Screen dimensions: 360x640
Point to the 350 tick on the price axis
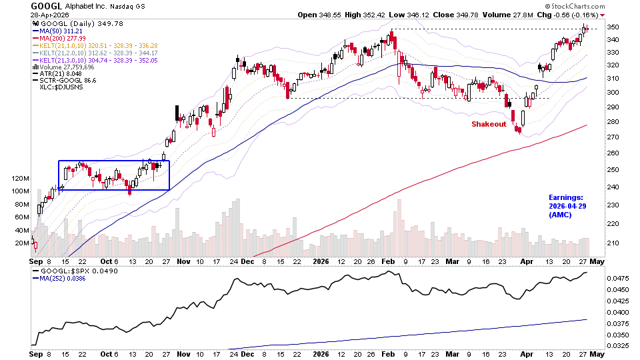[615, 27]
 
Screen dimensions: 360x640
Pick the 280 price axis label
[615, 122]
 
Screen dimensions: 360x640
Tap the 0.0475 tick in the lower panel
[619, 277]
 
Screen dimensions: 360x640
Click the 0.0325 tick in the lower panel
[619, 345]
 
